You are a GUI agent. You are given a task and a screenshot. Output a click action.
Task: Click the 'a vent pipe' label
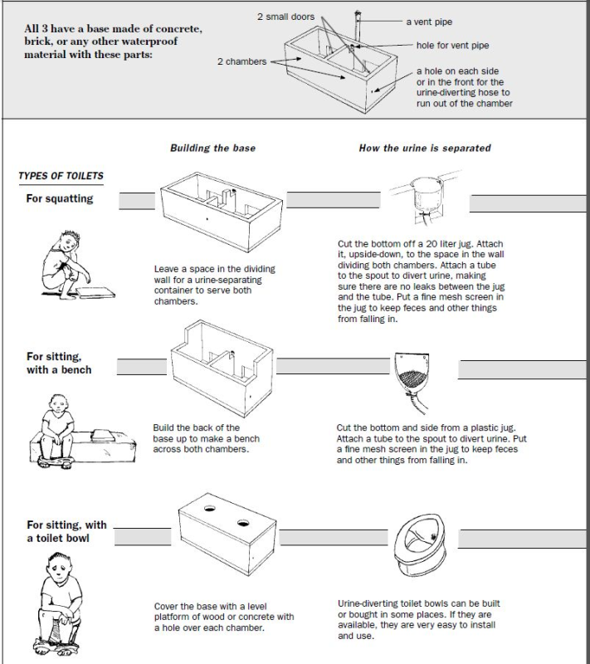[x=429, y=22]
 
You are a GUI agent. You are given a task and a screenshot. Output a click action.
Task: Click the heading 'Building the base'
[x=212, y=148]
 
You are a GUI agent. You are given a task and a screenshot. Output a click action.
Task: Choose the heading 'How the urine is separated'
[x=424, y=148]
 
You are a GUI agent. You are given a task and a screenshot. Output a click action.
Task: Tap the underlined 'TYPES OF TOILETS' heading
[x=61, y=176]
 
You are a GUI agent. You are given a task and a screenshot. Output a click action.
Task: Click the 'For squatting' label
[x=60, y=199]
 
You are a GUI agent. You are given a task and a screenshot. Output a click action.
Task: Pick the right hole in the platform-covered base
[x=244, y=524]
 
